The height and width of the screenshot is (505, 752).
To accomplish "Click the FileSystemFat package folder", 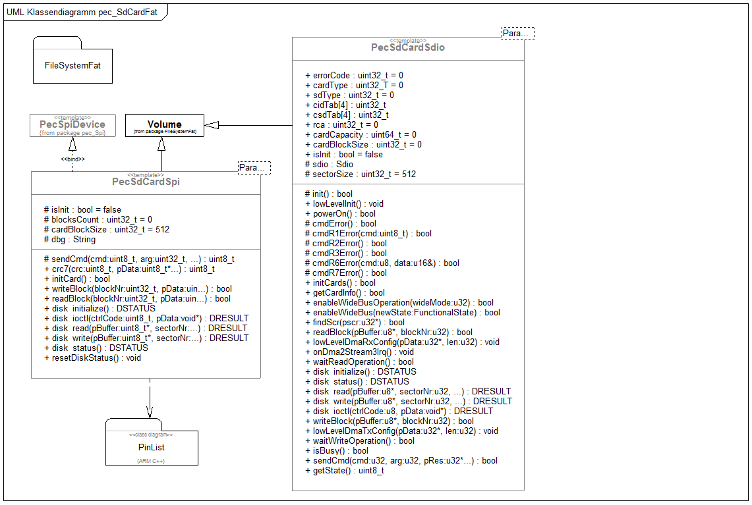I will (x=72, y=65).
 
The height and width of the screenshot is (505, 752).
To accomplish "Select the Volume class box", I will (x=164, y=125).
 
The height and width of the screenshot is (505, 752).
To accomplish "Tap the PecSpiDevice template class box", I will (x=72, y=125).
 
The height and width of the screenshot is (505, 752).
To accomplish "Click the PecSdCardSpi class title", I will (x=146, y=182).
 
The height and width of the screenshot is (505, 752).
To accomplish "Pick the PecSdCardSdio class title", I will (x=407, y=47).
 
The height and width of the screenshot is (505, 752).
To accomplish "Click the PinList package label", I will (x=152, y=447).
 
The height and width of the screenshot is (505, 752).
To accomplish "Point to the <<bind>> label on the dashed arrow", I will (x=72, y=159).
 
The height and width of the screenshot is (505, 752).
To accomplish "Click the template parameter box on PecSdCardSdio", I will (x=517, y=34).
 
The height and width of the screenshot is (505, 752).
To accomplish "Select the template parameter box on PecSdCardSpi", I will (x=254, y=168).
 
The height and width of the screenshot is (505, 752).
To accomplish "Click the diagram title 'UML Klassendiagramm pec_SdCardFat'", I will (x=82, y=13).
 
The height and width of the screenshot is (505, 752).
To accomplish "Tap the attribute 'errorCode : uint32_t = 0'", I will (x=354, y=76).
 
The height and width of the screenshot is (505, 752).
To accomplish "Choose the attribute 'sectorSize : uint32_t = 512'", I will (x=360, y=174).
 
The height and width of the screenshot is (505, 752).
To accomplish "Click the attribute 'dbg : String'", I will (x=69, y=240).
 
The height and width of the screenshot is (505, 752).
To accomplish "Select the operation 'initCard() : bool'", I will (x=76, y=279).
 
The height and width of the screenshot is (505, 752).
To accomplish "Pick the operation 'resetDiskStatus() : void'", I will (x=92, y=358).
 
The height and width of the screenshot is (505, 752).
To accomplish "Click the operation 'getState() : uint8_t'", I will (x=344, y=471).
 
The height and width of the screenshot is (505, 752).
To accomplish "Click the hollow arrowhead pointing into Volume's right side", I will (x=212, y=125).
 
